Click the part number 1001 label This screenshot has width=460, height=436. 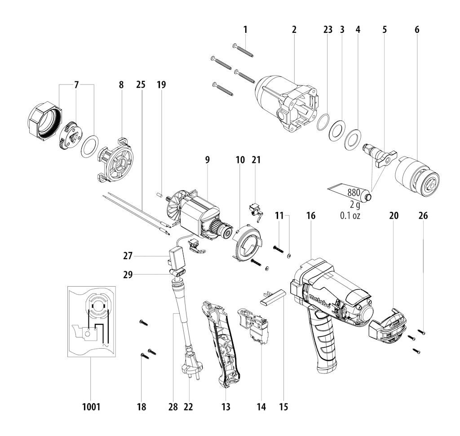click(x=91, y=407)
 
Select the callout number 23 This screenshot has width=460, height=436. click(x=327, y=30)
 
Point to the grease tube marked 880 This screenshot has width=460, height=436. click(x=349, y=193)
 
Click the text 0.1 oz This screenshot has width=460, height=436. click(x=349, y=216)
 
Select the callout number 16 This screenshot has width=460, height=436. click(x=311, y=216)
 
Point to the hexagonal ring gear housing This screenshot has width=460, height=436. click(x=45, y=121)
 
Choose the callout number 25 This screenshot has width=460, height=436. click(x=141, y=85)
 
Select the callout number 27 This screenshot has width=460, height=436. click(x=128, y=256)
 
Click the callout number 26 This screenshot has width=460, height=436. click(x=423, y=216)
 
